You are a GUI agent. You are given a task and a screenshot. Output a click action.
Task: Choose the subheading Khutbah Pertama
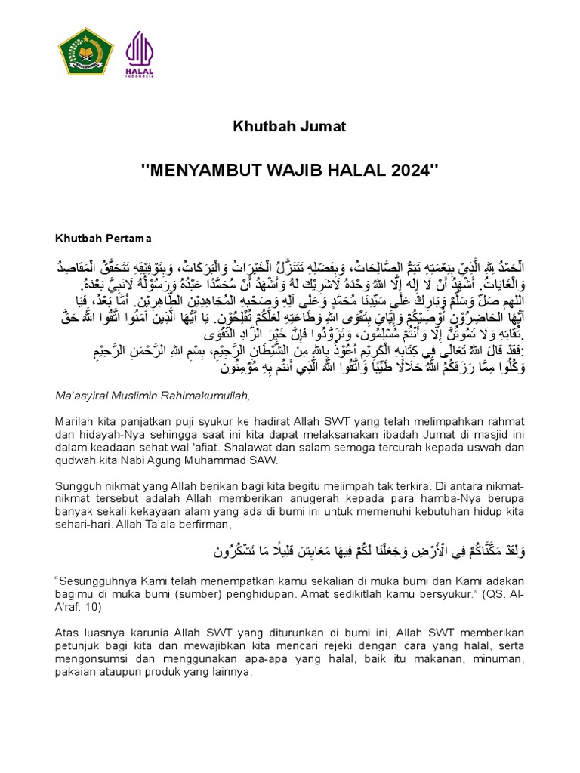click(103, 239)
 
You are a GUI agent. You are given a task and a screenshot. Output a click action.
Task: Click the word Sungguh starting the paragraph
click(79, 485)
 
